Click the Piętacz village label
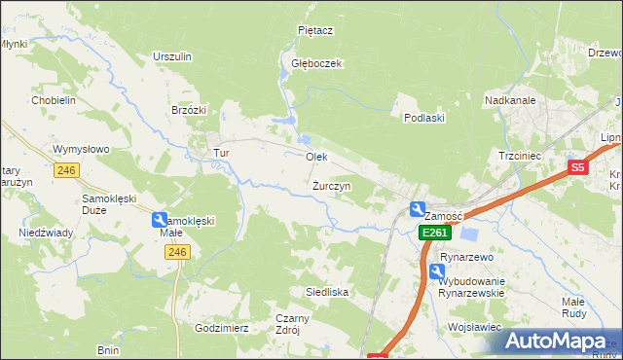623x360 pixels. pos(315,30)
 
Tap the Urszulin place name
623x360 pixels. pos(171,56)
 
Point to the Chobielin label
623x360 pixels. pos(54,100)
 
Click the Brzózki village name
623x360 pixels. pos(189,110)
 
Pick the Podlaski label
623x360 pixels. pos(424,118)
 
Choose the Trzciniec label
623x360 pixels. pos(520,156)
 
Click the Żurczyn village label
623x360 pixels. pos(332,185)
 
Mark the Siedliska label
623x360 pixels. pos(327,292)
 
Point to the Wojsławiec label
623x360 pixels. pos(475,328)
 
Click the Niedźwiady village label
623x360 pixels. pos(46,234)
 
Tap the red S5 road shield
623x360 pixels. pos(578,167)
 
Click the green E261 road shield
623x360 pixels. pos(434,234)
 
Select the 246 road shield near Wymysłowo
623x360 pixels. pos(66,170)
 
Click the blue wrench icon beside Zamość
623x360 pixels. pos(418,208)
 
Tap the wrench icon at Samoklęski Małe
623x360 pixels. pos(161,221)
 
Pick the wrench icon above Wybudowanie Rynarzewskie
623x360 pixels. pos(437,270)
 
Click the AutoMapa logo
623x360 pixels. pos(561,342)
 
